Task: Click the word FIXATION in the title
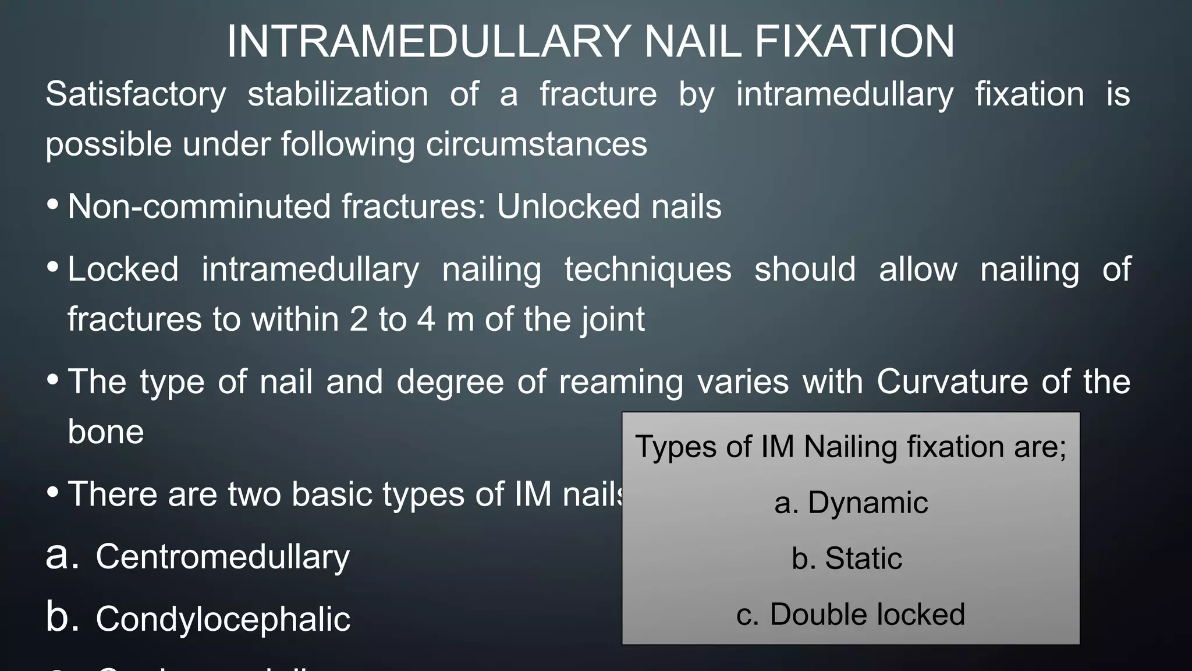pos(853,42)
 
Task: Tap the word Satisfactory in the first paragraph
pos(136,94)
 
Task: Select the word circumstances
pos(536,144)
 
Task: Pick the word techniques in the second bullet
pos(648,269)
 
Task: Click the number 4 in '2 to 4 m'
pos(426,319)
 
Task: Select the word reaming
pos(621,382)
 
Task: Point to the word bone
pos(105,432)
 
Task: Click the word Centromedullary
pos(222,557)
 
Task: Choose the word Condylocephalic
pos(223,619)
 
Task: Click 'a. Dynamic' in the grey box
pos(850,503)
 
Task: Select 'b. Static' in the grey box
pos(846,559)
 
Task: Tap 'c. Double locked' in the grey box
pos(850,615)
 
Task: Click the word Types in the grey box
pos(665,447)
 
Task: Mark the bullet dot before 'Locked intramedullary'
pos(53,267)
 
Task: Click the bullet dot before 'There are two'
pos(53,492)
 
